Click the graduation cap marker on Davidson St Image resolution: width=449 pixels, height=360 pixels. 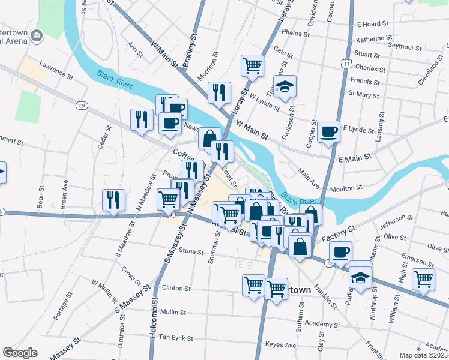pos(285,85)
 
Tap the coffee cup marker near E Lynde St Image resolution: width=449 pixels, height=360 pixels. pos(328,131)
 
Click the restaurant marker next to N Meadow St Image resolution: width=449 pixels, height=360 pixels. pos(113,200)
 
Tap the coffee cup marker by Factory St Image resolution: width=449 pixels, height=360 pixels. pos(340,251)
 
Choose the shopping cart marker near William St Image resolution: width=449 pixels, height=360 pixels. pos(424,278)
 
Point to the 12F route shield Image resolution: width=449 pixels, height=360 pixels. pos(82,106)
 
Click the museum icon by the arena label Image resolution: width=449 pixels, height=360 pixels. pos(37,35)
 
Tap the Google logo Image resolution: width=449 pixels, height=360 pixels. pos(20,352)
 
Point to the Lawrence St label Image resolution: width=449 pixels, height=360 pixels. pos(55,69)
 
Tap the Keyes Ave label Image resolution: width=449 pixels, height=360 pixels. pos(281,345)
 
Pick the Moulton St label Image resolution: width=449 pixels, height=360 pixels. pos(346,188)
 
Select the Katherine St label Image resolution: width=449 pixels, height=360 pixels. pos(373,39)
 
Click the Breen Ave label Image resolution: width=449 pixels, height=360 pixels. pos(64,197)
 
